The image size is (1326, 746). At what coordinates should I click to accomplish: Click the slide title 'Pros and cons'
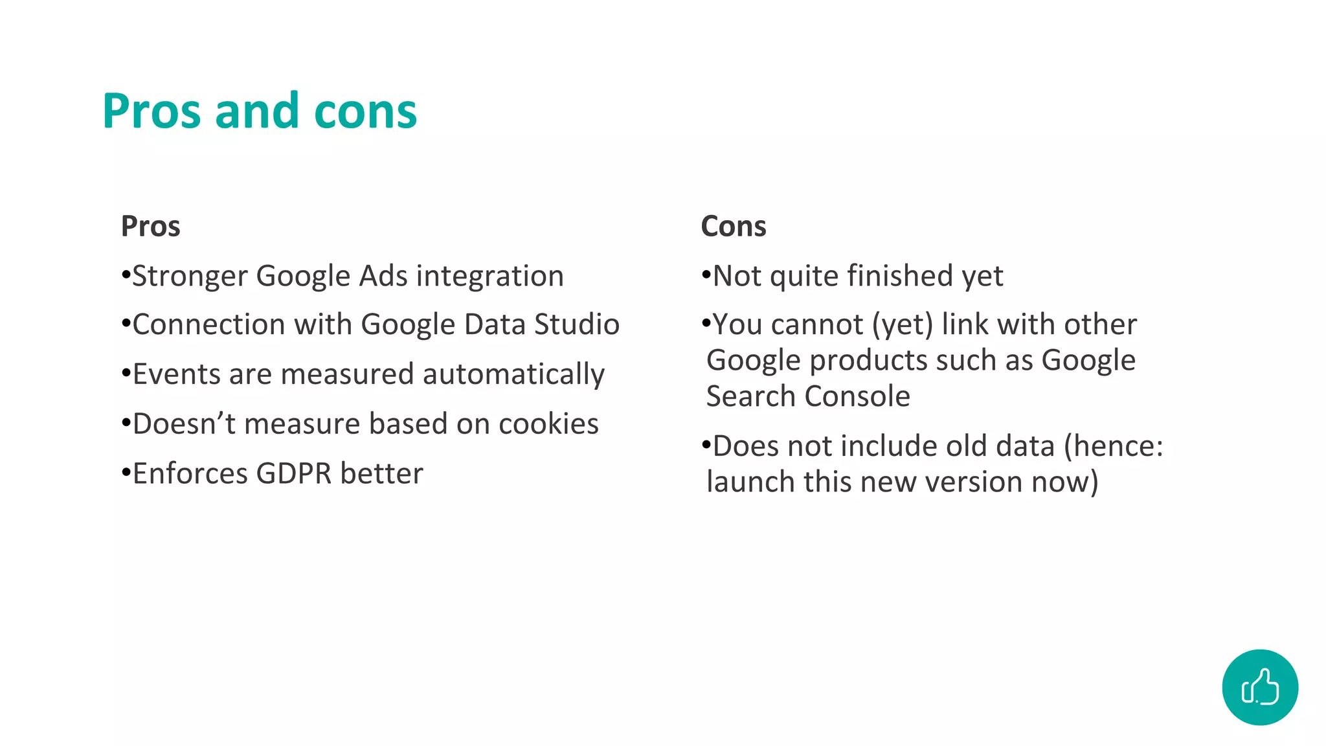click(x=259, y=111)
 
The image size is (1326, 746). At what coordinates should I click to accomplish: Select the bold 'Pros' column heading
click(x=150, y=227)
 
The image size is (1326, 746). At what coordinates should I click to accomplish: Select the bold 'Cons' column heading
click(x=733, y=227)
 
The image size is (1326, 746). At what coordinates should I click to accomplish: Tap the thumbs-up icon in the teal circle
click(x=1259, y=687)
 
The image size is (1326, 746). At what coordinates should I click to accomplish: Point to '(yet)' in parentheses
click(x=903, y=325)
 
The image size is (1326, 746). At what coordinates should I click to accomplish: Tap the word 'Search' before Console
click(x=751, y=396)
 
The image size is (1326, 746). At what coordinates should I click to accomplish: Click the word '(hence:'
click(x=1114, y=447)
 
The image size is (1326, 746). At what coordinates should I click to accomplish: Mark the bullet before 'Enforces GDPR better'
click(x=126, y=473)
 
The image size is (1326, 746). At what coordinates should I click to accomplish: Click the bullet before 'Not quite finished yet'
click(x=706, y=275)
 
